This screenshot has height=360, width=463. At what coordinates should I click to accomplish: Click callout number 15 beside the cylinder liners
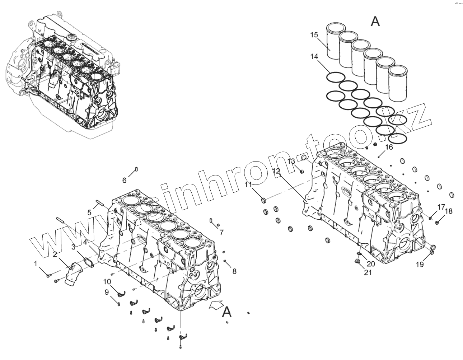coord(314,35)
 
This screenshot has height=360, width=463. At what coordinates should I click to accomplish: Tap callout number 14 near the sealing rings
coord(314,56)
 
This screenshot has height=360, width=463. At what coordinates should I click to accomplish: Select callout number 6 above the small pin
coord(125,180)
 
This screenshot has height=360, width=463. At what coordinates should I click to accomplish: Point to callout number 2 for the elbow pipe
coord(55,254)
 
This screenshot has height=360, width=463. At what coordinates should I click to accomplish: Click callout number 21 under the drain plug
coord(368,272)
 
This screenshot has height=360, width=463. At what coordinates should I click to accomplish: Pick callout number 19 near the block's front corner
coord(420,265)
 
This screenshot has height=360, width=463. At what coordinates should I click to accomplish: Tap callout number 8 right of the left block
coord(234,271)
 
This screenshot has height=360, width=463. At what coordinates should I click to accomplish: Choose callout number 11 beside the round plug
coord(249,185)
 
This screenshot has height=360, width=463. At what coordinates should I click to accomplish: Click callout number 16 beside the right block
coord(389,147)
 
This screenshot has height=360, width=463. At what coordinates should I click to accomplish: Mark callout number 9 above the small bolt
coord(107,292)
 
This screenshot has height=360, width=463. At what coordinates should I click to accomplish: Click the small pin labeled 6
coord(137,169)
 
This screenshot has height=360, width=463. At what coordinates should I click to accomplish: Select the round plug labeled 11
coord(263,200)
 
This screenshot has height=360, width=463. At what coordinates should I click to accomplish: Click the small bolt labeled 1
coord(48,276)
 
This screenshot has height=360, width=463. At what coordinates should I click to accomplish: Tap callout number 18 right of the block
coord(449,211)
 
